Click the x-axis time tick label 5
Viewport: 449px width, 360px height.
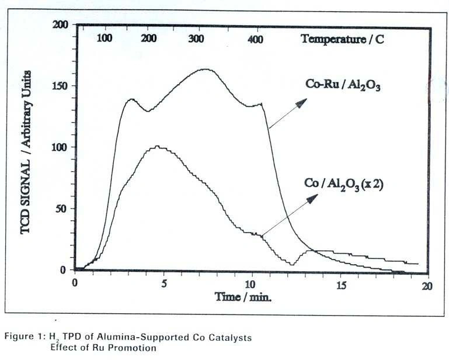163,283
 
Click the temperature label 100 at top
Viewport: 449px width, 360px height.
104,39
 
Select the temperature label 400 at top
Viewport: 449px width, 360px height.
255,39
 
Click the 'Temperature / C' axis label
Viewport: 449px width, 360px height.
343,39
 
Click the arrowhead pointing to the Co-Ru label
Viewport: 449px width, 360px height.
301,103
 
